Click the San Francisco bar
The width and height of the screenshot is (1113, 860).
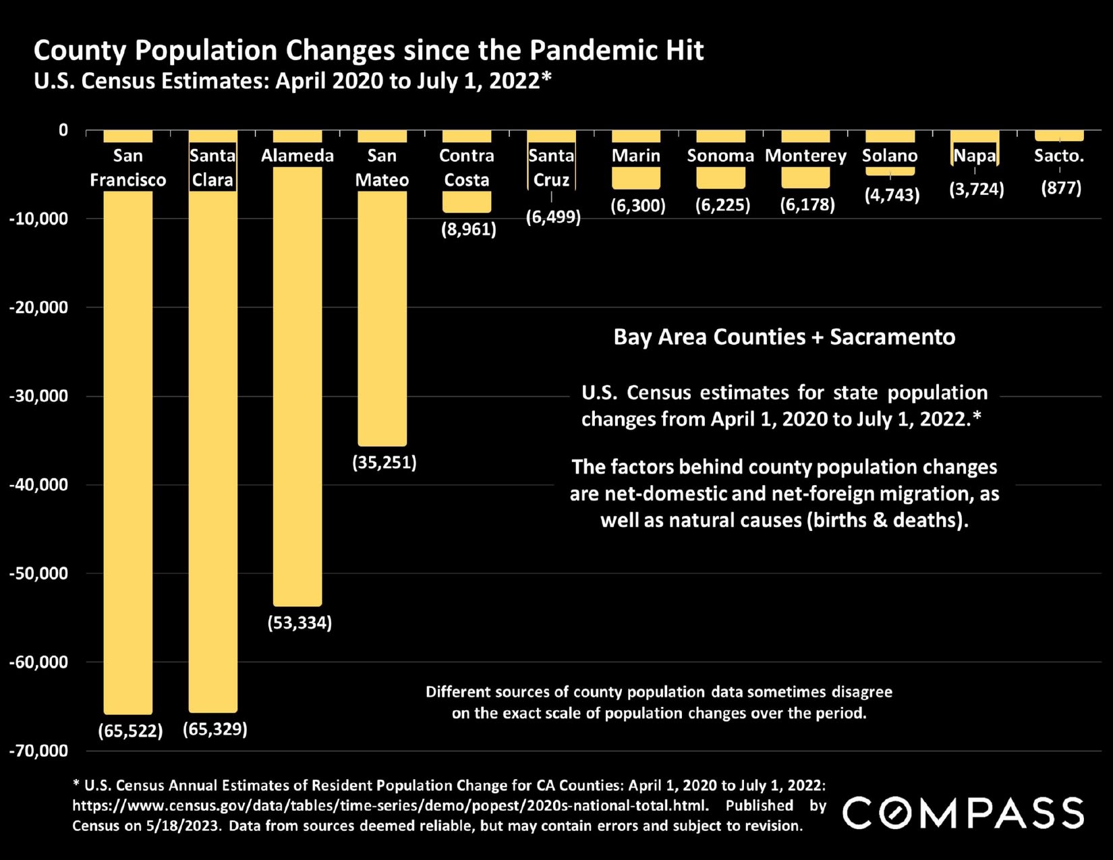[x=128, y=452]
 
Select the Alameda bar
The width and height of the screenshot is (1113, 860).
[x=297, y=384]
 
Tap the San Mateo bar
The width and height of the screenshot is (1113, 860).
[x=382, y=317]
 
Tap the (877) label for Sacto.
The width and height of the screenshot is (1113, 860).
[x=1061, y=188]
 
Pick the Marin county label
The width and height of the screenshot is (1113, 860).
[x=635, y=156]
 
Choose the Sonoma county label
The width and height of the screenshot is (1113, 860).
[x=720, y=156]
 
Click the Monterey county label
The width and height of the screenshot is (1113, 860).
[x=805, y=156]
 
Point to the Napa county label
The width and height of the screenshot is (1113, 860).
[x=975, y=156]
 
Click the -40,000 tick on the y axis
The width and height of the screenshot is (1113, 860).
[x=38, y=484]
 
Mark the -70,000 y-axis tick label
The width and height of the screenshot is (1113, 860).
[x=38, y=751]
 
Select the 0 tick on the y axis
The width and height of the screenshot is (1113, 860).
[x=63, y=130]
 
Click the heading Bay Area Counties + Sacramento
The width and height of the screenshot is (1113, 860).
[x=784, y=337]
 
